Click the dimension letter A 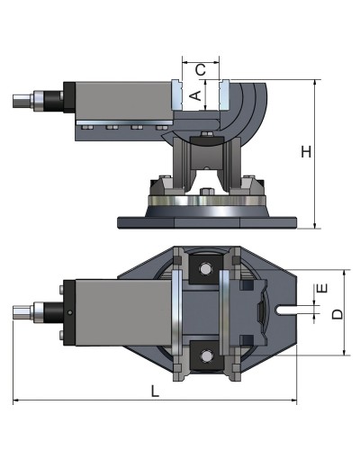(194, 94)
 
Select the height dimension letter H (306, 152)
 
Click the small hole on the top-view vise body (71, 313)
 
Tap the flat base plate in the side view (207, 221)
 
